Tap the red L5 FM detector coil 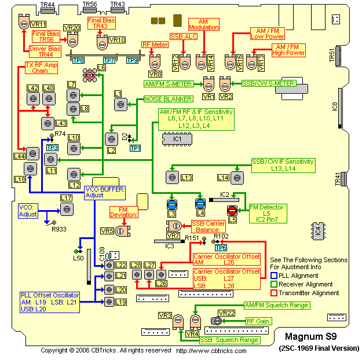[232, 210]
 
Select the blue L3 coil [172, 204]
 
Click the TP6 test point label [220, 248]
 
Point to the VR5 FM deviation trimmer [120, 232]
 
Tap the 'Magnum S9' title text [311, 336]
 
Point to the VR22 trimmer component [222, 321]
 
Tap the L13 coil [171, 177]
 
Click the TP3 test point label [52, 148]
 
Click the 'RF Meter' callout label [155, 45]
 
